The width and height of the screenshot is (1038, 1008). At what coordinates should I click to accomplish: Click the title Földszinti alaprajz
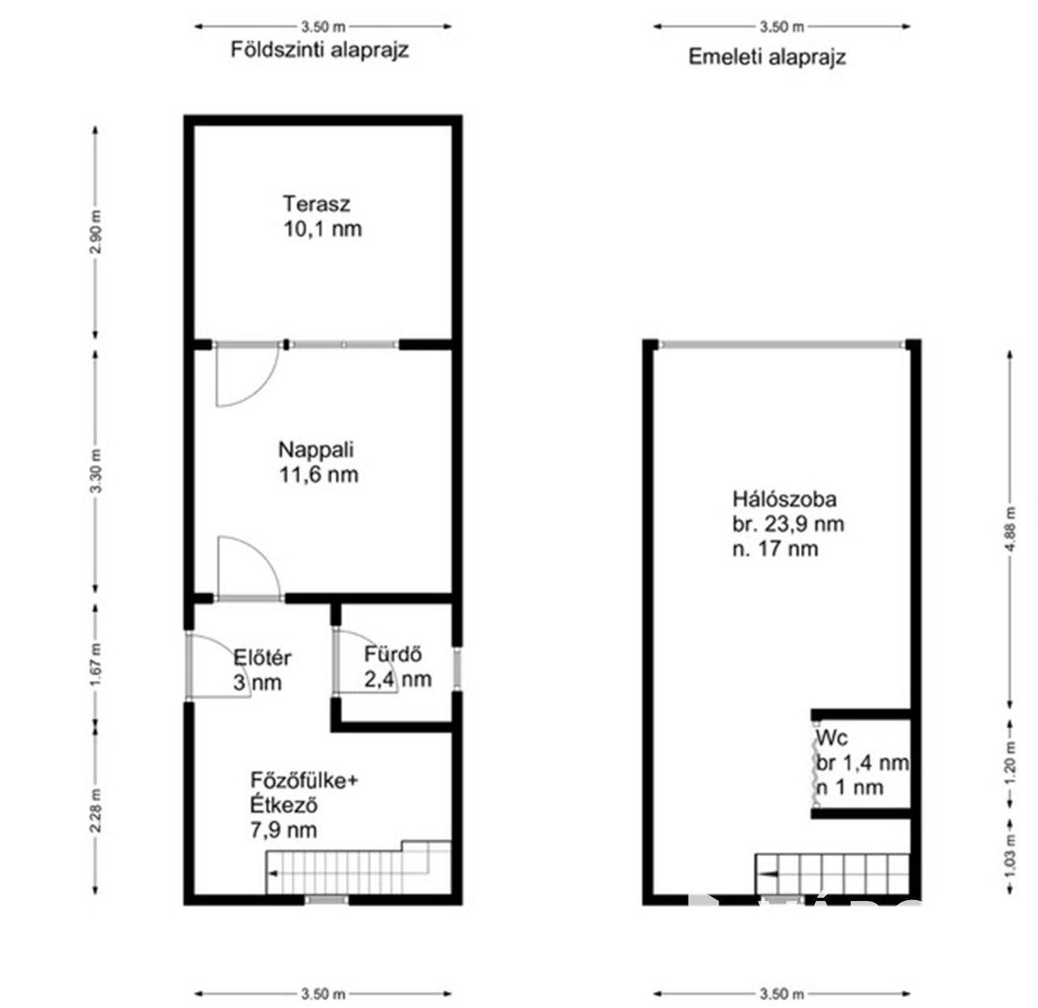320,50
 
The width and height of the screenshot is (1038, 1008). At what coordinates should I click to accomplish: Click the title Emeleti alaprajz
767,57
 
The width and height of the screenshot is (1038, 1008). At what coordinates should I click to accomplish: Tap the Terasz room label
316,203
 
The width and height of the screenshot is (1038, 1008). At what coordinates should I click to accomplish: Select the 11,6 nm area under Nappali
319,475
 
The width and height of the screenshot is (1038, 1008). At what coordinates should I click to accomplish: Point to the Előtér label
262,658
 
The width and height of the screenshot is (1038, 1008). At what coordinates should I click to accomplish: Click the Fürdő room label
393,654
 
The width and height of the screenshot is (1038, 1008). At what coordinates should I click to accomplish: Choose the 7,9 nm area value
284,830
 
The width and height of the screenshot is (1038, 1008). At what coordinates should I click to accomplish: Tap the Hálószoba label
784,499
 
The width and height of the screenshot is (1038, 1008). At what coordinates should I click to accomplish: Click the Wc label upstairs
832,738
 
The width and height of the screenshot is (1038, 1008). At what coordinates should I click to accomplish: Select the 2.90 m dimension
95,232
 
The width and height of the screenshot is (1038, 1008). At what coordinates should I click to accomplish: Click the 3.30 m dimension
95,472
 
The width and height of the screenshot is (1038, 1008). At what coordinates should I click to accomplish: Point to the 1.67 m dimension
95,665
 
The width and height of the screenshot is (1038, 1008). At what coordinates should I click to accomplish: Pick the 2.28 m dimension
95,810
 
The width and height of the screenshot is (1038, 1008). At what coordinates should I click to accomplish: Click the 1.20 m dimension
1010,763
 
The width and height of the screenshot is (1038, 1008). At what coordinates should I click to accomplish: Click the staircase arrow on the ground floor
272,874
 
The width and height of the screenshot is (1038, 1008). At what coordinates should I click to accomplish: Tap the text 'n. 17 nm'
775,549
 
